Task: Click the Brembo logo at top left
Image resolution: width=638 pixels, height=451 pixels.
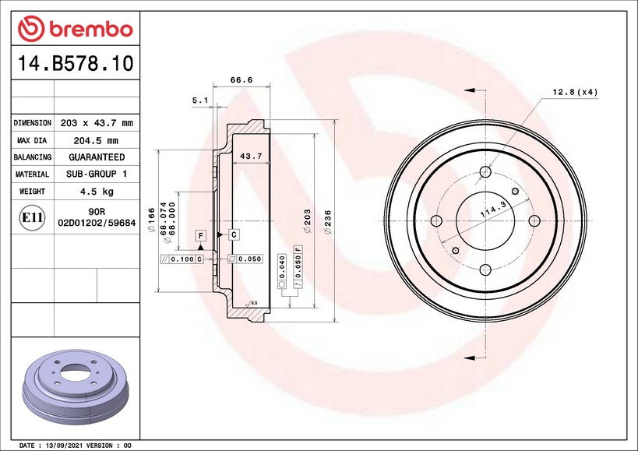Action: point(76,29)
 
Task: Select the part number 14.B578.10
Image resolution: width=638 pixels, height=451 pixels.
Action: point(76,63)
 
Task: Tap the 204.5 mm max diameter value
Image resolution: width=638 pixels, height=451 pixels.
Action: point(96,141)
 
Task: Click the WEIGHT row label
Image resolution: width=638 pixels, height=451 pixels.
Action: point(32,191)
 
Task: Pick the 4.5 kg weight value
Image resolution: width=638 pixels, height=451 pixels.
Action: point(97,192)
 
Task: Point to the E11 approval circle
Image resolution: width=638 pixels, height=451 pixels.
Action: point(32,217)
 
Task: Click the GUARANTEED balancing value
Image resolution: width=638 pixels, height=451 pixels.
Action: point(97,157)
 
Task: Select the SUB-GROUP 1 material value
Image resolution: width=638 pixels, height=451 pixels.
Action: point(97,174)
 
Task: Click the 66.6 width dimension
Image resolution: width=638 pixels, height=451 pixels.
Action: point(241,79)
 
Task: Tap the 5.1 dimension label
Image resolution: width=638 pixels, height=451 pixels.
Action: point(200,100)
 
